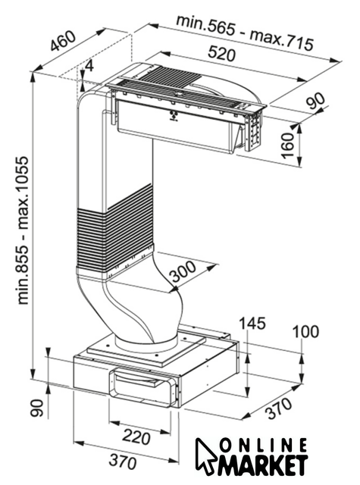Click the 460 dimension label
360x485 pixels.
coord(64,41)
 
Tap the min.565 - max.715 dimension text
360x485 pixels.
coord(245,33)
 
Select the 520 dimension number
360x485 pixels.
coord(221,53)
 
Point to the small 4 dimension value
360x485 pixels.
coord(89,66)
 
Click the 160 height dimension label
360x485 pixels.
coord(288,145)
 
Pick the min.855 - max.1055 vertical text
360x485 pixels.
coord(23,230)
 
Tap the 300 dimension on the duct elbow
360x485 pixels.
coord(183,272)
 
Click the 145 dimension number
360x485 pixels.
coord(252,324)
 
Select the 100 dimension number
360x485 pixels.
coord(305,332)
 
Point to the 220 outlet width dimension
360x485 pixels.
coord(136,437)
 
